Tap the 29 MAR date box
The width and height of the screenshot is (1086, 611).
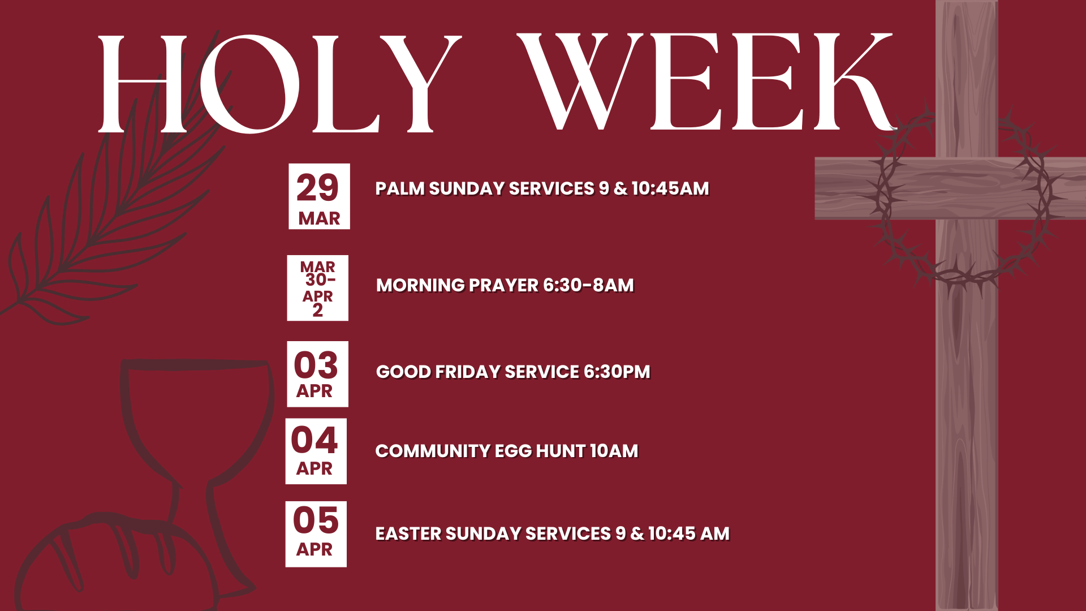click(319, 196)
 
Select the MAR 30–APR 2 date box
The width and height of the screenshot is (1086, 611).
click(317, 288)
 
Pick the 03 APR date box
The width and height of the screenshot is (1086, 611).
click(317, 374)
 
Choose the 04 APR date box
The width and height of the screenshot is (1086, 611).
click(316, 451)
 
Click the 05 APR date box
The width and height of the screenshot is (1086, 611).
click(316, 534)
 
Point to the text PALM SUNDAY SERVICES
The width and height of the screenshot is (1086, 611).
click(485, 188)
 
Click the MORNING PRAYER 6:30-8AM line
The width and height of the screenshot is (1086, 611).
click(505, 285)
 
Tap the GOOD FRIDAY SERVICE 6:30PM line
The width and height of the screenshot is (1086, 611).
click(513, 372)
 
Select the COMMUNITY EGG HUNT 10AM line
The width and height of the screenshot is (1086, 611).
click(507, 451)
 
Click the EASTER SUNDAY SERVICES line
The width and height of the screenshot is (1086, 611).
click(553, 533)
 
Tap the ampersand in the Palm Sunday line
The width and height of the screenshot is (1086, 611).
click(620, 188)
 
